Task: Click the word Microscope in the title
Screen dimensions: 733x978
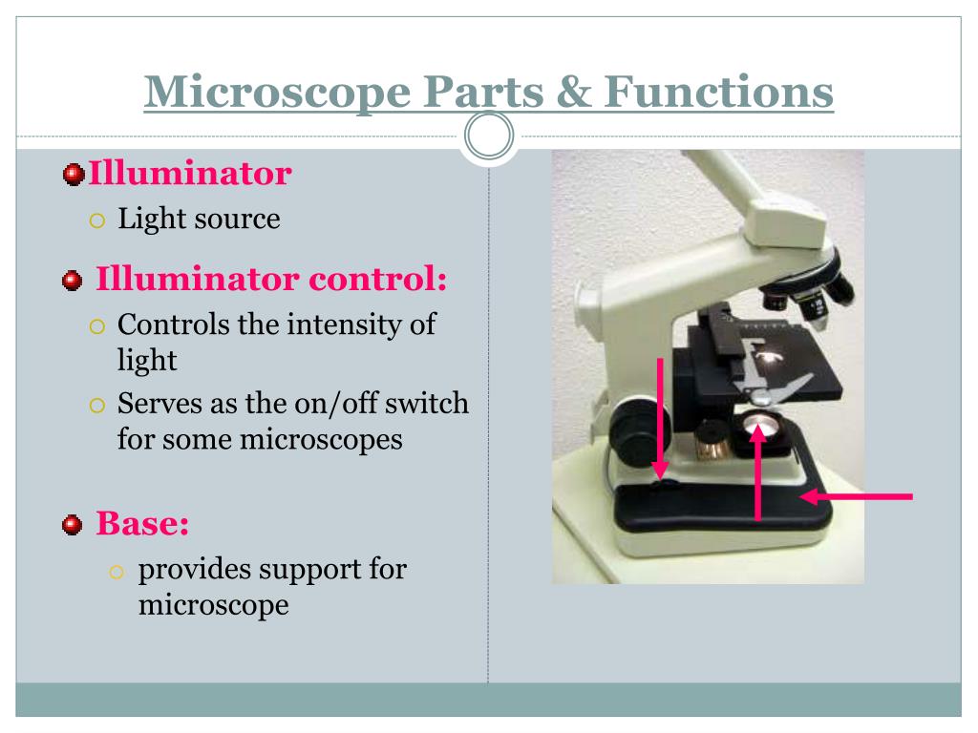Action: point(276,93)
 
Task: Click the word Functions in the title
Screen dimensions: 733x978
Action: point(717,93)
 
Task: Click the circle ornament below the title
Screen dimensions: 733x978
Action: point(489,137)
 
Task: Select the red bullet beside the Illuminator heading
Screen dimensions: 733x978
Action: point(73,175)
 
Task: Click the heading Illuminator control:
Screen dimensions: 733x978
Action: point(271,281)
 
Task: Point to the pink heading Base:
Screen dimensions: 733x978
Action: point(142,523)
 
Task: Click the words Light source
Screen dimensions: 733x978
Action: point(199,219)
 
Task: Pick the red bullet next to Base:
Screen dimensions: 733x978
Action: point(73,524)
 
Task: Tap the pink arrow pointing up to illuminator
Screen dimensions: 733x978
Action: point(758,472)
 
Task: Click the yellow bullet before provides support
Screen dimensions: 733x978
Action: point(117,571)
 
